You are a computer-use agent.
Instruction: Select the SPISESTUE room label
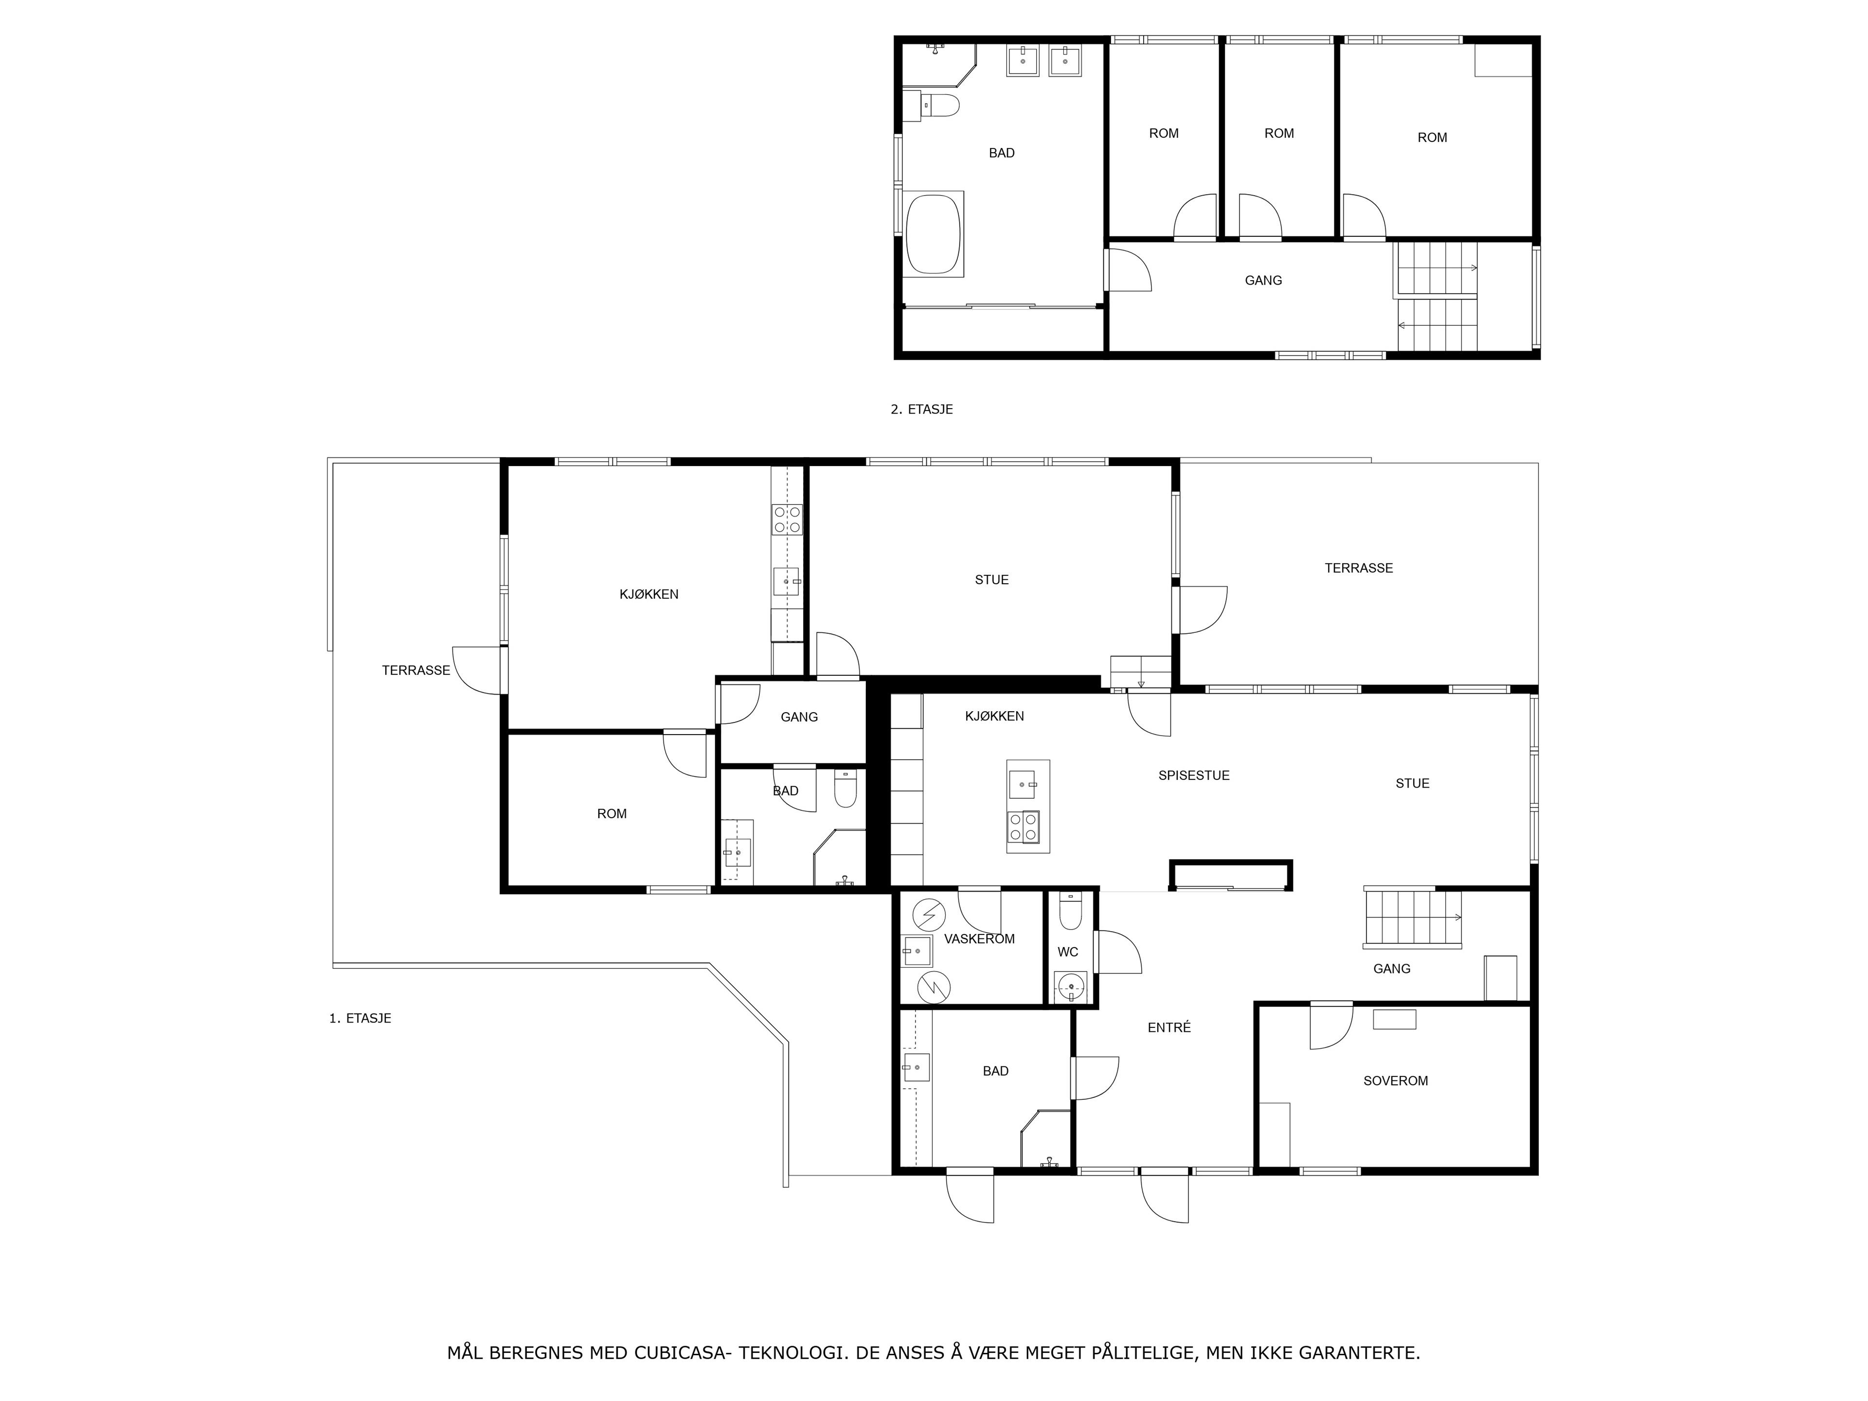tap(1193, 775)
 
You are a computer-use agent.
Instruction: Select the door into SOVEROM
tap(1331, 1026)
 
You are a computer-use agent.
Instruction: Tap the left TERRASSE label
tap(415, 670)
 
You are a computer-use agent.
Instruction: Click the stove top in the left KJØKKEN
tap(787, 520)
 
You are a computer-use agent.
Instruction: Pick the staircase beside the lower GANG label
tap(1413, 918)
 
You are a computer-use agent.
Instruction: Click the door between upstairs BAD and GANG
tap(1128, 269)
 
